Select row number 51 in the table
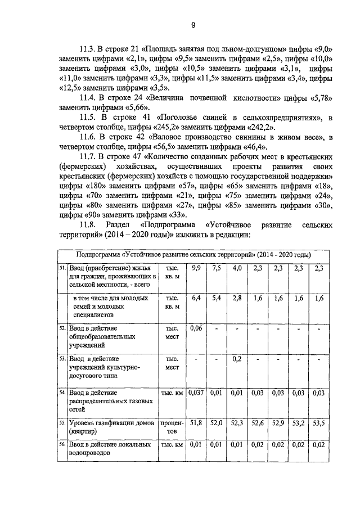coord(62,268)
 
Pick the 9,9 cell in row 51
coord(196,268)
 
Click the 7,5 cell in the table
coord(217,268)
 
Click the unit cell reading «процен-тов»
coord(172,425)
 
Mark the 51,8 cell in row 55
coord(196,421)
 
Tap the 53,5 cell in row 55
coord(319,421)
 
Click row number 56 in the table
coord(62,444)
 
